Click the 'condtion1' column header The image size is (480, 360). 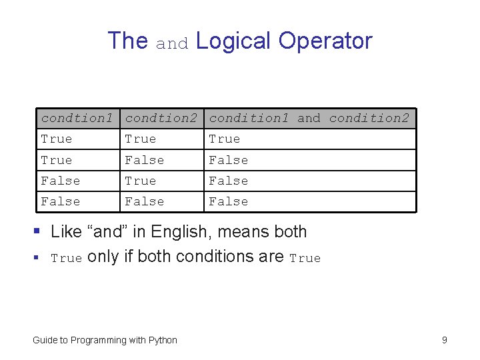pos(77,119)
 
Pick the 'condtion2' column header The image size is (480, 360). pos(161,119)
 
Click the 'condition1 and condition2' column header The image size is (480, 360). pos(309,119)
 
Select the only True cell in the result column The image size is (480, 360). pos(225,139)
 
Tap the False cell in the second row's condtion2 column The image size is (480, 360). pos(145,160)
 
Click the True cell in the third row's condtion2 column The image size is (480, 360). pos(141,181)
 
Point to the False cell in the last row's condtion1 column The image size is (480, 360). pos(61,201)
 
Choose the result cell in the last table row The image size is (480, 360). pos(229,201)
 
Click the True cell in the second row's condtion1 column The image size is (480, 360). pos(57,160)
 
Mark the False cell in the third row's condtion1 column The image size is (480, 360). pos(61,181)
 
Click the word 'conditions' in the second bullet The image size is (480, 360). pos(216,257)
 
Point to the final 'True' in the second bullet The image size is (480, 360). pos(305,259)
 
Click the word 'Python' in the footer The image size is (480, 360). pos(163,341)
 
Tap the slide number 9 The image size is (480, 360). pos(445,341)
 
